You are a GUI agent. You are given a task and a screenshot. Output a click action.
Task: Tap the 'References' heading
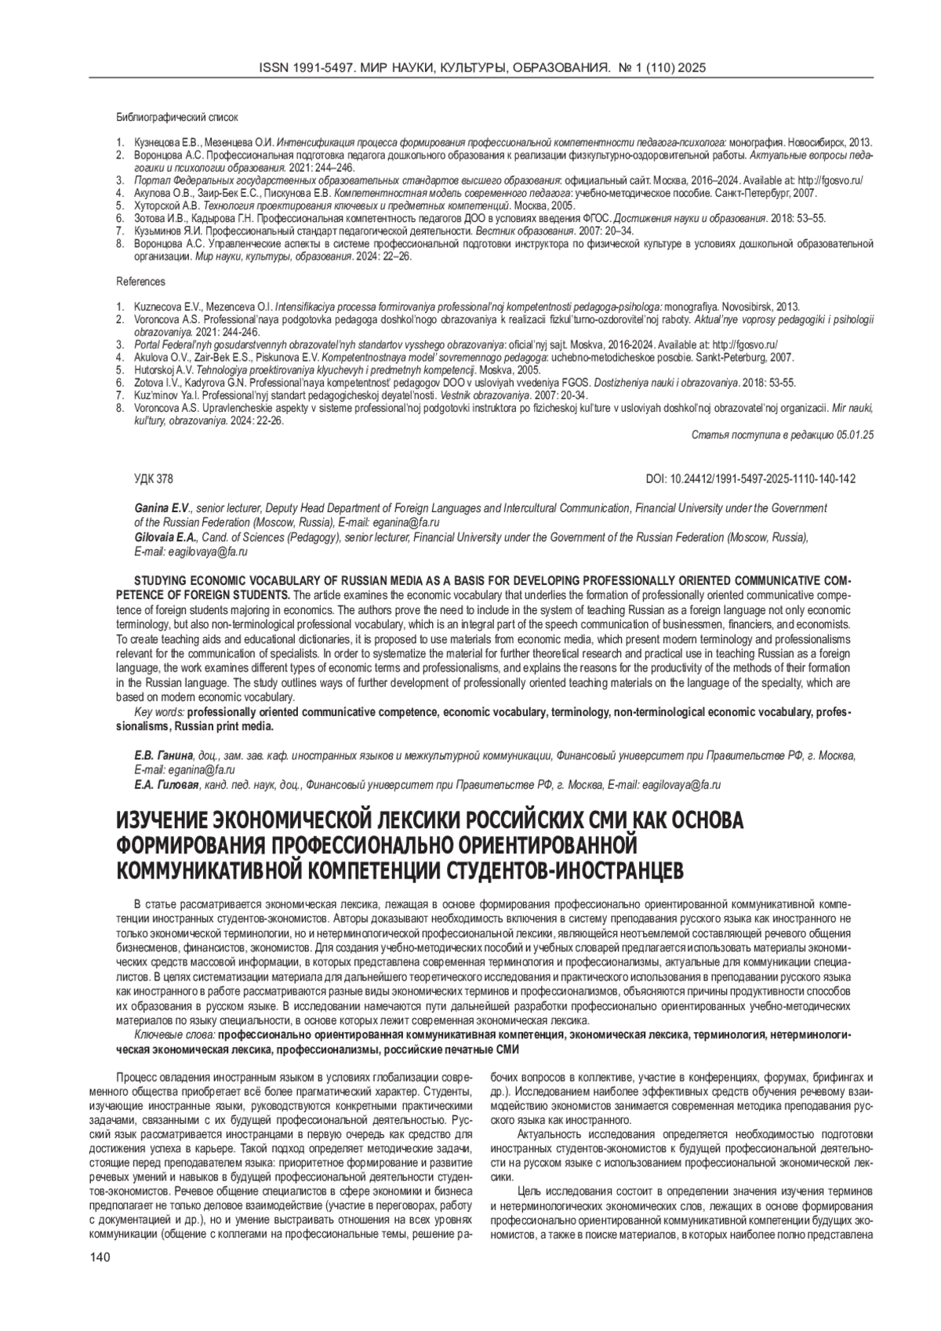pos(140,281)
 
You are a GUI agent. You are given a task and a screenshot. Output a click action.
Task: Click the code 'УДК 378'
pos(154,478)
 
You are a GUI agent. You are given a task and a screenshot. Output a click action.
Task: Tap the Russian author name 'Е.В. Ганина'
pos(163,755)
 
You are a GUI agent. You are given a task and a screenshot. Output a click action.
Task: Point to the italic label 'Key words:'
pos(160,712)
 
